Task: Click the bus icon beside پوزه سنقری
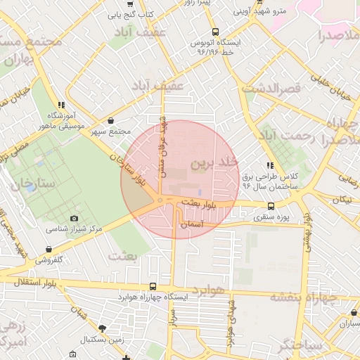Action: click(x=271, y=206)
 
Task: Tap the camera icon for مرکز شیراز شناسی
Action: click(x=75, y=219)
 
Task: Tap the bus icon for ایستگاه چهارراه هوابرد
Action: click(x=153, y=286)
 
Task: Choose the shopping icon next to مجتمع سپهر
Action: click(x=113, y=121)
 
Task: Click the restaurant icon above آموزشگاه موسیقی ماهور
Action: click(x=71, y=105)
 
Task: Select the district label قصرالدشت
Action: click(x=271, y=89)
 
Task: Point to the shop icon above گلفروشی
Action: click(x=48, y=249)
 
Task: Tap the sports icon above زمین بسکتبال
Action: click(x=103, y=328)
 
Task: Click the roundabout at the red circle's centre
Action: click(x=161, y=201)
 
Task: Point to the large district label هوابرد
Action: click(x=209, y=290)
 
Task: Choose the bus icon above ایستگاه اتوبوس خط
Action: click(x=215, y=32)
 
